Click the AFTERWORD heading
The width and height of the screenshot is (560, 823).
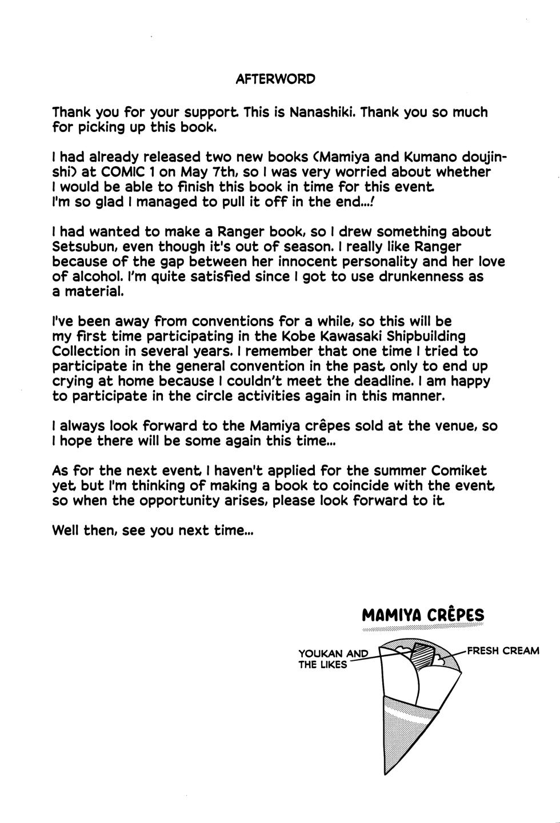275,79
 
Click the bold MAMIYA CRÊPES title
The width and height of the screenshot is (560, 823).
423,615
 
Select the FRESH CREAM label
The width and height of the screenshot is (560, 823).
503,651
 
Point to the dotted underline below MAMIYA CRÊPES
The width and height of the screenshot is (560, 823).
423,628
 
